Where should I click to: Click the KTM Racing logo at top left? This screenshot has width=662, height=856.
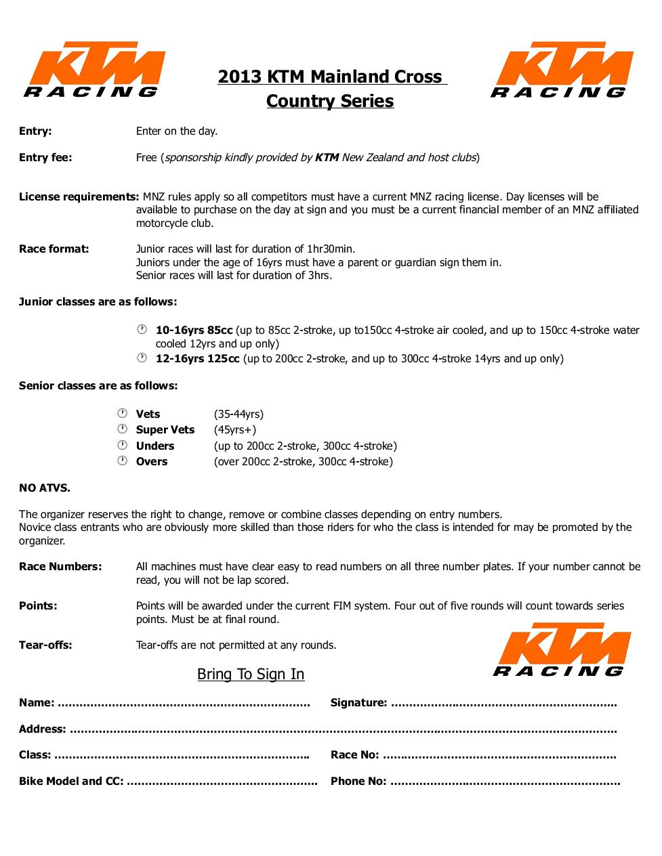coord(94,70)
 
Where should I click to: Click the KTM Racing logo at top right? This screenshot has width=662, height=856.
coord(561,70)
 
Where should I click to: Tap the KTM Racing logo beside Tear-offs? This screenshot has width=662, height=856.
coord(562,650)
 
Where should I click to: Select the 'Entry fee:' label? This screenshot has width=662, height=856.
coord(45,158)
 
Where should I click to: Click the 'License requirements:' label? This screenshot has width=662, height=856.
coord(79,197)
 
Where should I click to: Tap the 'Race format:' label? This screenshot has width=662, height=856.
coord(54,249)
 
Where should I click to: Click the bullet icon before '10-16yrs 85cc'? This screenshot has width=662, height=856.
coord(142,330)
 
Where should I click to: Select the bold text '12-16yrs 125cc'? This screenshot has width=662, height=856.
coord(197,359)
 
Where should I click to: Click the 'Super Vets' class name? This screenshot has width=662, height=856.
coord(165,430)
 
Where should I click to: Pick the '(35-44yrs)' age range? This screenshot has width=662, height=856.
coord(239,414)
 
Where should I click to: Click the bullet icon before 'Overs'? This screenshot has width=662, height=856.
coord(123,461)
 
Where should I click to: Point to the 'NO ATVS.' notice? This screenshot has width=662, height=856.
coord(45,488)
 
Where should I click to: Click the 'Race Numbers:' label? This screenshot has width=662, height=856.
coord(60,567)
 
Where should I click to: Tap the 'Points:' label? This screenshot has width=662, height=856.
coord(38,606)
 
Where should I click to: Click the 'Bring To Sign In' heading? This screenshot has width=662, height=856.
coord(251,675)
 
